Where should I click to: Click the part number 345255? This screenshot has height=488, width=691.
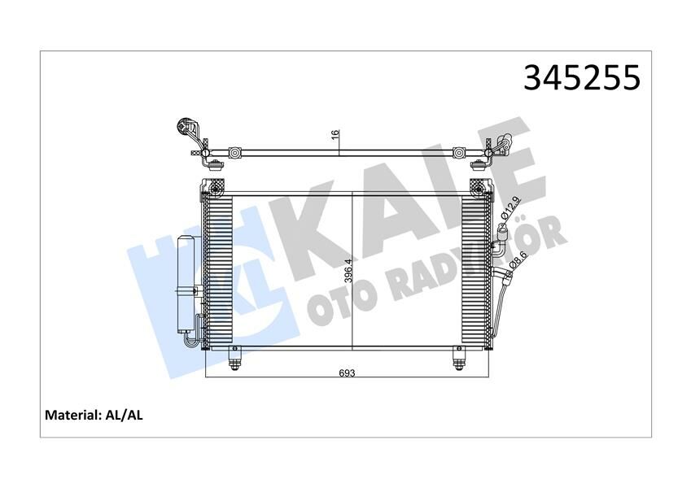[582, 77]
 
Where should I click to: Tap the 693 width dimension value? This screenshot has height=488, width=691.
[347, 373]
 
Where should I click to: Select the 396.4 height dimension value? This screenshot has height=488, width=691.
[348, 271]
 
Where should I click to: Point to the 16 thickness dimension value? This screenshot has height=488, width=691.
[335, 134]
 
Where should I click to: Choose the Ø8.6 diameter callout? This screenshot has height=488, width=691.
[517, 259]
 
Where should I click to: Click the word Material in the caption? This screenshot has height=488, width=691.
[72, 415]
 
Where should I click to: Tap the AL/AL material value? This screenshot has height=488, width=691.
[124, 415]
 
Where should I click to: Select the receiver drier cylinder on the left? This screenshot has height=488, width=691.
[186, 285]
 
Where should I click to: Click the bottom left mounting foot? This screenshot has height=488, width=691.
[234, 358]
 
